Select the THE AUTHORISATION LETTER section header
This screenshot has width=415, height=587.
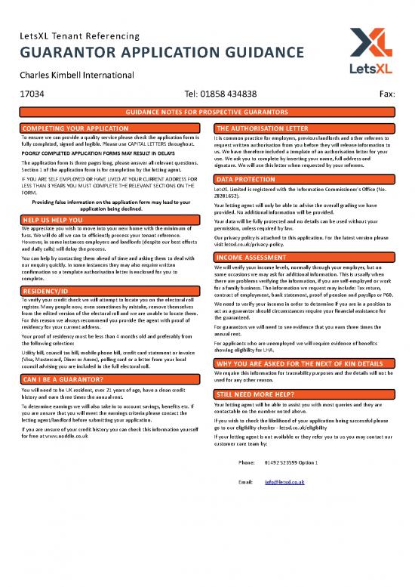coord(261,129)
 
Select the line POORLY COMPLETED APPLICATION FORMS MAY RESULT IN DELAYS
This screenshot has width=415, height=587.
coord(99,153)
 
